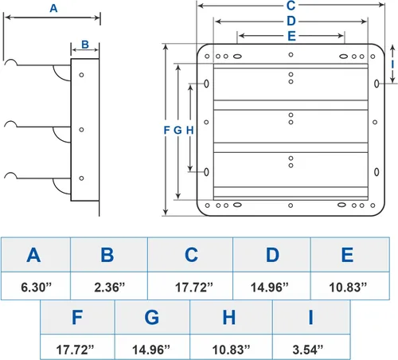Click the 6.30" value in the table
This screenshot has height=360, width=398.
[x=36, y=287]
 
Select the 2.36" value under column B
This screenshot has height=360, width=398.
[x=109, y=287]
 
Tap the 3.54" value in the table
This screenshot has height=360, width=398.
[x=308, y=350]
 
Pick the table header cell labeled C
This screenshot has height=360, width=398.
[x=190, y=255]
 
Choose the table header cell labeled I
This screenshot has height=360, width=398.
[x=311, y=317]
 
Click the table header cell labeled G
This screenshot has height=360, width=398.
[x=152, y=317]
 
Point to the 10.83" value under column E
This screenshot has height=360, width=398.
[x=348, y=287]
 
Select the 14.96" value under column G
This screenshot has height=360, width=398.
[x=151, y=350]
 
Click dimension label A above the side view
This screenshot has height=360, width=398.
[x=53, y=9]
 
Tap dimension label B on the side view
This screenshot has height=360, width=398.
[x=85, y=45]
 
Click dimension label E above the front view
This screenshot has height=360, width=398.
[x=291, y=36]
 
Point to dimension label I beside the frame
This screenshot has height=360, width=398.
[x=392, y=65]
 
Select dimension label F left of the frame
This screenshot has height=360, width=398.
[x=166, y=130]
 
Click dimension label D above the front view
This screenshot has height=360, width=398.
[x=291, y=21]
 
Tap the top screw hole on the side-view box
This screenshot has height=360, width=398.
[x=81, y=75]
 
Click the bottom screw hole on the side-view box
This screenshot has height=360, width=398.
[x=81, y=178]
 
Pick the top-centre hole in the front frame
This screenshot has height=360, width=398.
[x=291, y=55]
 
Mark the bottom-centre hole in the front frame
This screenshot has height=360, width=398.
[x=291, y=205]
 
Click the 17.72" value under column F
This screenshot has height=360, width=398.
[x=75, y=350]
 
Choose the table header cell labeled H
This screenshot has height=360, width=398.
[x=228, y=317]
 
